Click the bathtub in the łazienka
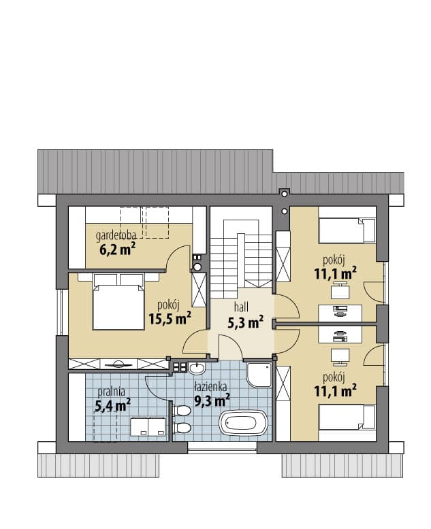[243, 422]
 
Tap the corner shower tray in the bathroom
[259, 375]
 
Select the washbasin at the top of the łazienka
[196, 368]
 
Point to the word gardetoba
[116, 235]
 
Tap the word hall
[242, 307]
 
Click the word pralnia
[111, 392]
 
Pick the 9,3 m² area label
[212, 400]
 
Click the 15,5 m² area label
[170, 318]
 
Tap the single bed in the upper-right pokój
[347, 231]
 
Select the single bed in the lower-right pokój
[347, 417]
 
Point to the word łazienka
[211, 387]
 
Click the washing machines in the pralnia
[148, 426]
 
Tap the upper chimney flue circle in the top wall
[285, 194]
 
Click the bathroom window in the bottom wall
[222, 446]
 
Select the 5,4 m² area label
[112, 405]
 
